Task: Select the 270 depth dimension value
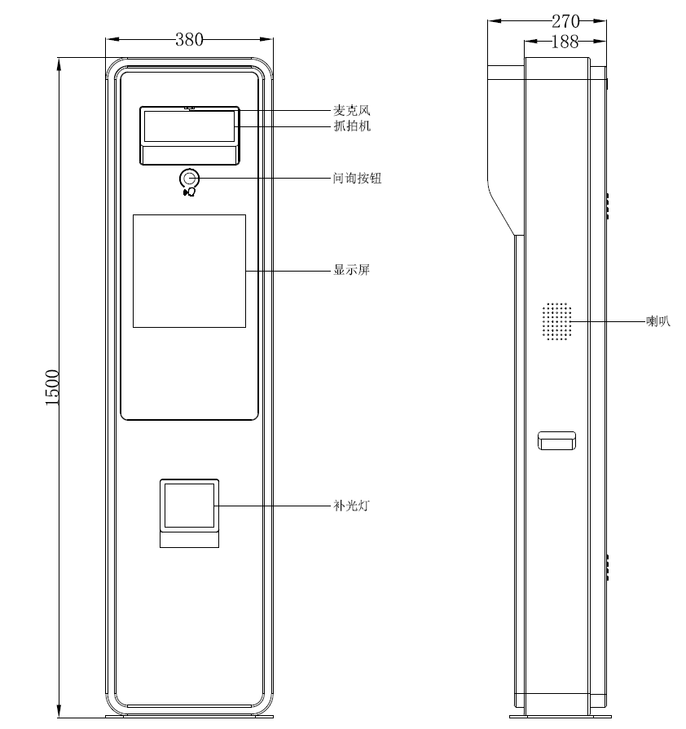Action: coord(565,21)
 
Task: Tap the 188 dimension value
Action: coord(565,42)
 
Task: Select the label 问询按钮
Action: coord(357,178)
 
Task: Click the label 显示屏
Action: coord(351,270)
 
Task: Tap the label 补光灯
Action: coord(351,506)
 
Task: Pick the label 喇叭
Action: coord(657,322)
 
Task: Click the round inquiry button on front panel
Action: coord(190,178)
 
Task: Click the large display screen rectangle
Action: coord(189,271)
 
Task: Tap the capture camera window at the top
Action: coord(189,126)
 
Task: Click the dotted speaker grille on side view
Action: coord(557,321)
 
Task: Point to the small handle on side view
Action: coord(556,440)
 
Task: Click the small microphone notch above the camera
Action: coord(190,108)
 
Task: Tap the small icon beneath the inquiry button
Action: coord(190,192)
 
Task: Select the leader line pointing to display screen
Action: coord(285,270)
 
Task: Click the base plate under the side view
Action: coord(559,717)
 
